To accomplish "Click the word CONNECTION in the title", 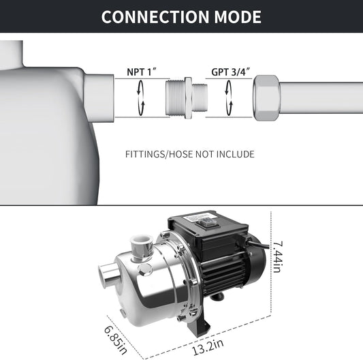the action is [x=155, y=17].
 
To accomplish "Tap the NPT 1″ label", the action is [x=142, y=72].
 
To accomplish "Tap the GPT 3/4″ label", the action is [x=231, y=72].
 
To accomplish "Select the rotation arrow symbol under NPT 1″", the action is [x=141, y=97].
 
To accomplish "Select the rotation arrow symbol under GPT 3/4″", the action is [x=229, y=97].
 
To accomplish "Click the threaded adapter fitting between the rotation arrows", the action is [x=187, y=97].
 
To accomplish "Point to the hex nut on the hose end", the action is [x=267, y=97].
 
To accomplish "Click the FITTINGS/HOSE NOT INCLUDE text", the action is [x=190, y=154].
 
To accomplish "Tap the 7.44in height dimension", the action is [x=277, y=257].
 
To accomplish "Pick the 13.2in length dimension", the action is [x=208, y=347].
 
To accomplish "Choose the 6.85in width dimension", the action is [x=116, y=340].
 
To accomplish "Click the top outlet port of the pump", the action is [x=141, y=247].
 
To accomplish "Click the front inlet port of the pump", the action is [x=108, y=274].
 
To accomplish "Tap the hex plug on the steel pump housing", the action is [x=145, y=270].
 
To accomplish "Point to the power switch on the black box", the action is [x=204, y=223].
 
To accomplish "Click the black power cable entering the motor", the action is [x=257, y=245].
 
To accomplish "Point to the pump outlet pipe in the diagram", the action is [x=99, y=98].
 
